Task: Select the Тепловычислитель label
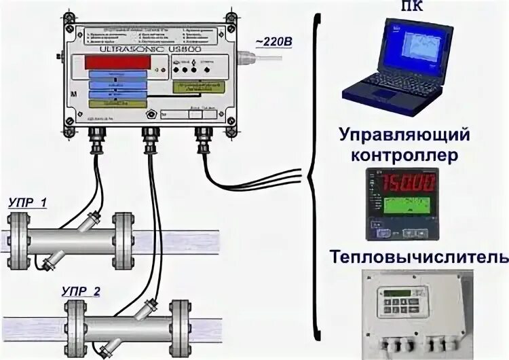(x=418, y=258)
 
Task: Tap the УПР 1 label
(x=29, y=202)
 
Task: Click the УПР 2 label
(x=80, y=292)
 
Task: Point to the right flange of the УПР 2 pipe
(x=179, y=323)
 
